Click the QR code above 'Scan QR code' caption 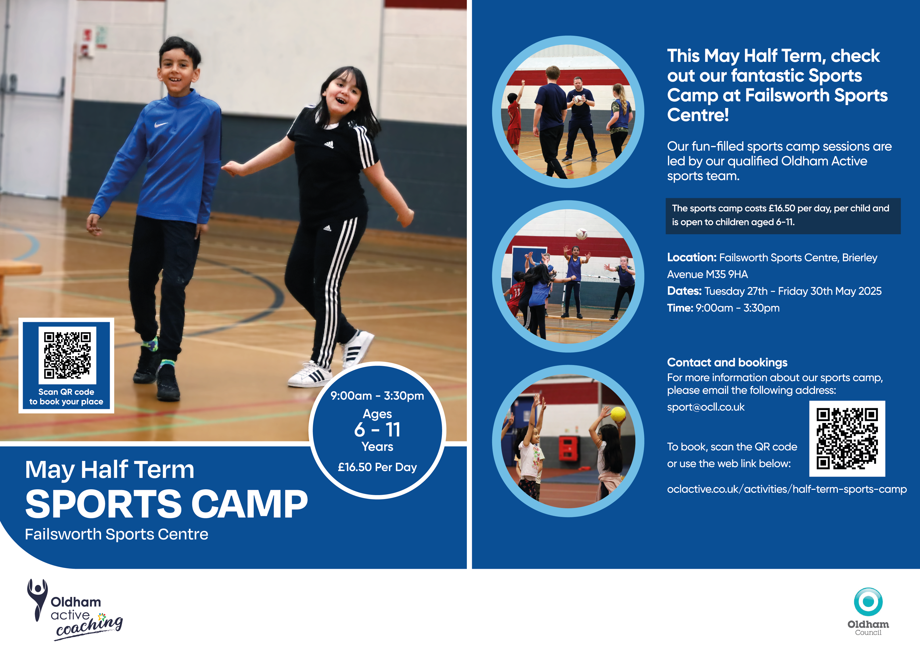pos(67,355)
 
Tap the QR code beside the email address pos(847,438)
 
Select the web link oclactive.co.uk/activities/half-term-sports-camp pos(787,489)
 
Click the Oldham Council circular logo pos(868,602)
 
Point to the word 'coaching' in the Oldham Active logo pos(89,626)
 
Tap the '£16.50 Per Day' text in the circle pos(377,467)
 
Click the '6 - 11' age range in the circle pos(377,430)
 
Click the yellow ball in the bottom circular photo pos(618,414)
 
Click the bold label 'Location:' pos(692,257)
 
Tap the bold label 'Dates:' pos(684,291)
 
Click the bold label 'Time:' pos(680,308)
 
